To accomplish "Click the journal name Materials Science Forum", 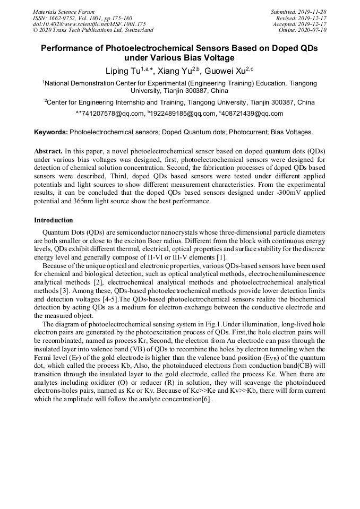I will click(x=64, y=11).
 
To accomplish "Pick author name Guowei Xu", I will click(x=224, y=70).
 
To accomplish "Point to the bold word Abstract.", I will click(x=49, y=151).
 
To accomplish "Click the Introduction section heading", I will click(x=54, y=220).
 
